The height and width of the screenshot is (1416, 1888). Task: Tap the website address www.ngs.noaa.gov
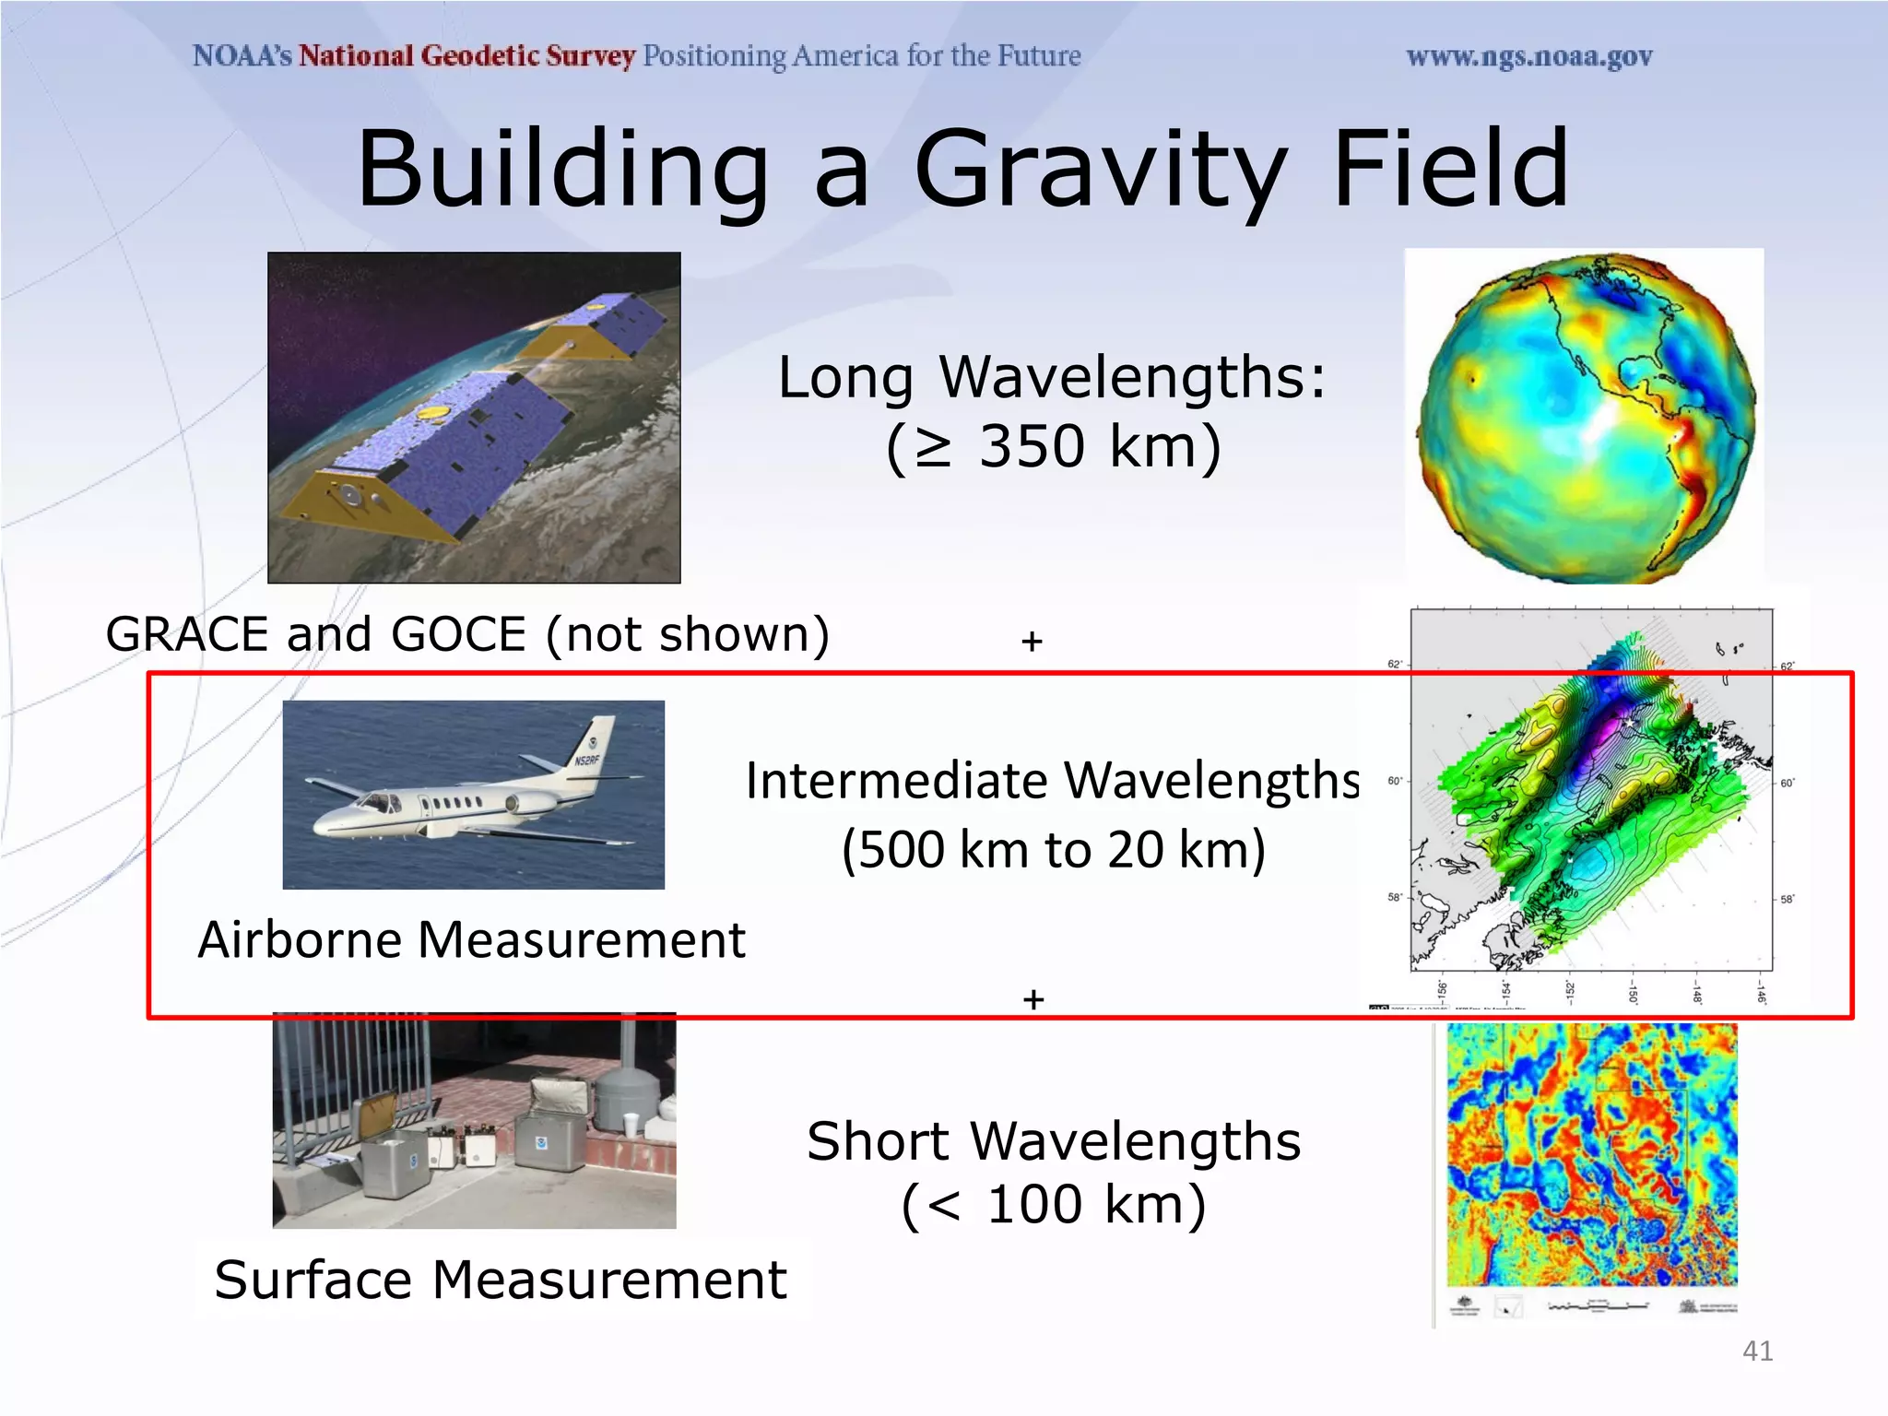[1528, 57]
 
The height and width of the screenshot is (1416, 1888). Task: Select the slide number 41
[1757, 1351]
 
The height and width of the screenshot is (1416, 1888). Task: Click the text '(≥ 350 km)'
[1053, 447]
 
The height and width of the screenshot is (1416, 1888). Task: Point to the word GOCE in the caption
[458, 634]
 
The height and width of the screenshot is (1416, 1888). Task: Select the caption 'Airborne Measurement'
[471, 940]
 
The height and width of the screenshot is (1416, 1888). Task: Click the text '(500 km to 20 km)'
[1053, 849]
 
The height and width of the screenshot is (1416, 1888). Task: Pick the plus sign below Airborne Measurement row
[1033, 999]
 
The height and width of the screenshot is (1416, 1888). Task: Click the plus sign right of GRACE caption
[1032, 641]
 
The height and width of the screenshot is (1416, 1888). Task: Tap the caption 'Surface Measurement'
[501, 1280]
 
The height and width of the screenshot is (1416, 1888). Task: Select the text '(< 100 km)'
[1053, 1205]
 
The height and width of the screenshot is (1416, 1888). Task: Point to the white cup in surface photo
[631, 1125]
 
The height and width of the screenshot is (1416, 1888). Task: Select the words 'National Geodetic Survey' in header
[466, 56]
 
